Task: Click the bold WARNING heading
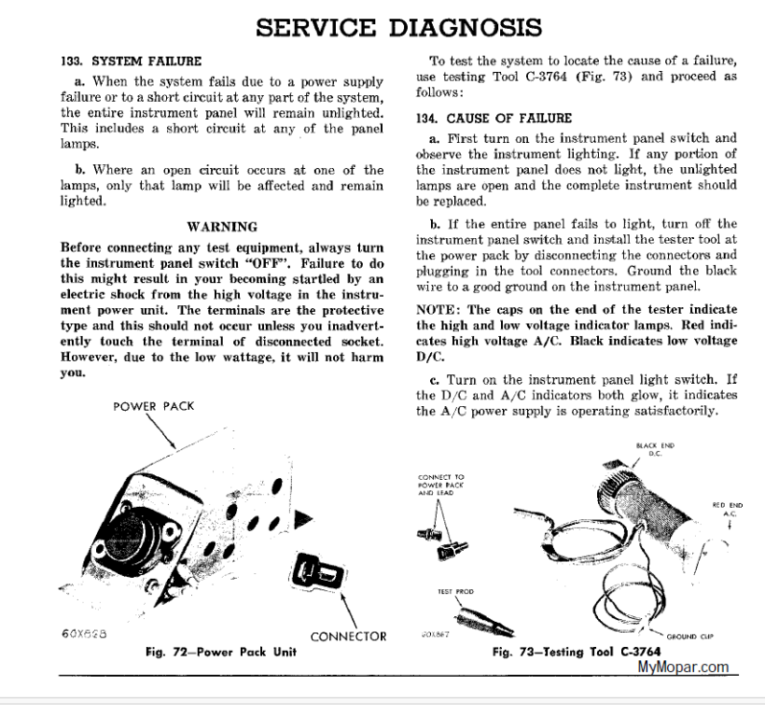point(222,226)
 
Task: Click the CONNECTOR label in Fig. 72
point(348,636)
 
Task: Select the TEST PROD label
point(452,591)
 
